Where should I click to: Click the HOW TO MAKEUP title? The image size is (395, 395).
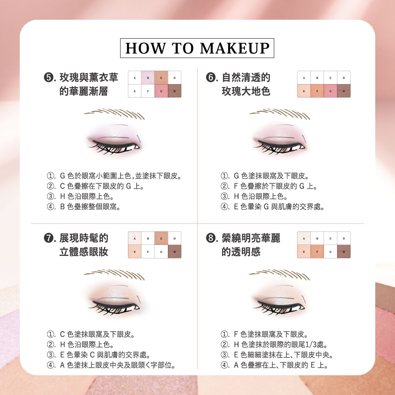click(197, 48)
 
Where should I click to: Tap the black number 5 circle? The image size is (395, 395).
click(48, 77)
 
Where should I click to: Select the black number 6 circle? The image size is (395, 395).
click(211, 77)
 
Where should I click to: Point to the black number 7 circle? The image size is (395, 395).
click(48, 238)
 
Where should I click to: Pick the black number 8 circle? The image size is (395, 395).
click(211, 238)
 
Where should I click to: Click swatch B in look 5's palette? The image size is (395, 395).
click(148, 77)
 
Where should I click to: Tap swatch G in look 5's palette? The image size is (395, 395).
click(161, 91)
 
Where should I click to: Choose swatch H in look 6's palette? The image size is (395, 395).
click(344, 91)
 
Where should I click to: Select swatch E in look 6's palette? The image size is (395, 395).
click(304, 91)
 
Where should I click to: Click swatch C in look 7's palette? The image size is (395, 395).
click(161, 238)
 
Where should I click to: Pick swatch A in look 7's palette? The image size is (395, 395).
click(135, 238)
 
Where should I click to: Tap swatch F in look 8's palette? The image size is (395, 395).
click(317, 251)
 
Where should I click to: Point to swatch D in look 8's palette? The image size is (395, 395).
click(344, 238)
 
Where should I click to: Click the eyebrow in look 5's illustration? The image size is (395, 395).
click(115, 114)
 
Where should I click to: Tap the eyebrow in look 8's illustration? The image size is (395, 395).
click(280, 275)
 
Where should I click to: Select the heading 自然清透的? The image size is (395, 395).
click(246, 77)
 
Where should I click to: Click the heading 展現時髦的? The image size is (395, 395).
click(84, 238)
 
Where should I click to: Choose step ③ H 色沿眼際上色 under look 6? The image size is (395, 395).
click(254, 196)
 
